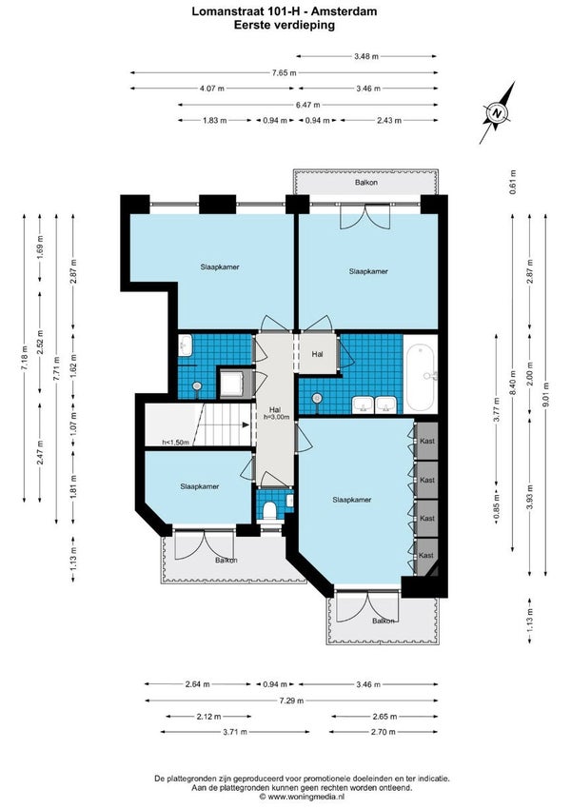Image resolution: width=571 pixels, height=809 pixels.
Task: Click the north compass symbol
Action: coord(497,113)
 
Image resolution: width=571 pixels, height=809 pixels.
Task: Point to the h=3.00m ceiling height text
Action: coord(276,418)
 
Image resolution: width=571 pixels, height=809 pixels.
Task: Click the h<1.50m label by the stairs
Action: coord(176,443)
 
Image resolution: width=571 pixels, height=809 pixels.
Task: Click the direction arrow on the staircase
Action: coord(245,425)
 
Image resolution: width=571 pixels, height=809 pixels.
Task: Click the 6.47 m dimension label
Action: coord(308,105)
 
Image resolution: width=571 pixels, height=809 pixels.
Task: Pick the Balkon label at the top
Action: coord(366,182)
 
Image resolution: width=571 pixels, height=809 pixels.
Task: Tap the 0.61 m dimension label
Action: coord(513,182)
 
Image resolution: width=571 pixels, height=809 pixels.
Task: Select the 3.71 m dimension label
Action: coord(235,732)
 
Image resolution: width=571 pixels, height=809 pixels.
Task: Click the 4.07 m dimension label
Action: coord(212,89)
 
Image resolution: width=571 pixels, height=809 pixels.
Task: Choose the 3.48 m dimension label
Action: coord(366,56)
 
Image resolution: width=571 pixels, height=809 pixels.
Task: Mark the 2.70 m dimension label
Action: coord(384,732)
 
